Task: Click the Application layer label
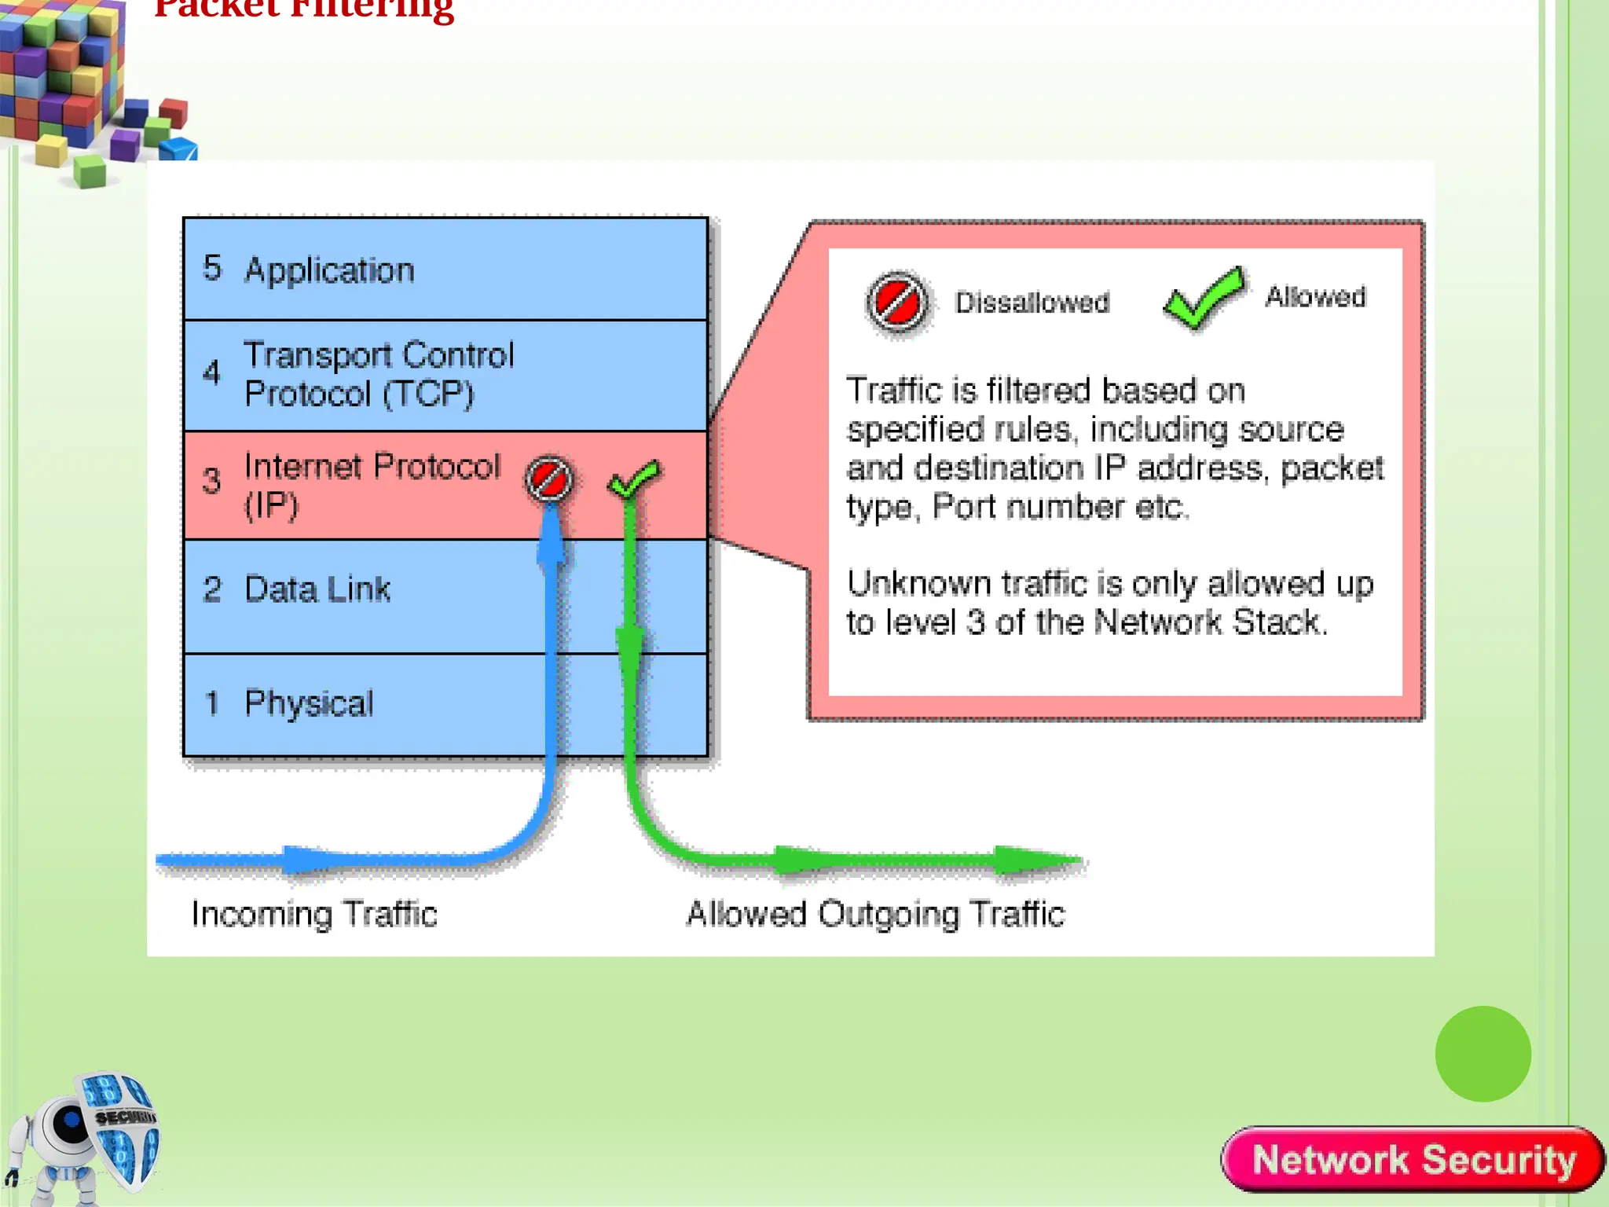point(328,270)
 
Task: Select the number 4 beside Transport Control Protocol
point(211,372)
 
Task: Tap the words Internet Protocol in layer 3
point(372,467)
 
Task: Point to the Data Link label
point(317,589)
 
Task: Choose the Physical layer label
point(309,703)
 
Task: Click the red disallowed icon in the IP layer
point(549,479)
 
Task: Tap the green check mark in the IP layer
point(634,478)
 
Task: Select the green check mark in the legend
point(1204,298)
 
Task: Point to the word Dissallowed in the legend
point(1032,303)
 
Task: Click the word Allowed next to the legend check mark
point(1315,297)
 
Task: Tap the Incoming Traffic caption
point(314,914)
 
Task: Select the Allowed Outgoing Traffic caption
point(875,914)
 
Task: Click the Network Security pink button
point(1413,1160)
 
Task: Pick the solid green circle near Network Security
point(1483,1054)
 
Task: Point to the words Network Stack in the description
point(1210,622)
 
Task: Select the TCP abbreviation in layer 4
point(429,394)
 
